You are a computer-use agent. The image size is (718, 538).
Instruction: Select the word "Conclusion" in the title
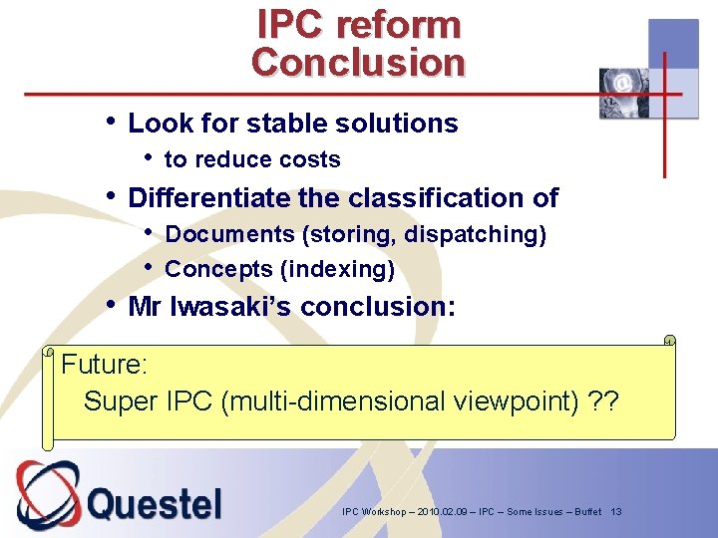(x=358, y=62)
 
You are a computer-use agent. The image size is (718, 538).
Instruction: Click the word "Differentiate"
(x=209, y=197)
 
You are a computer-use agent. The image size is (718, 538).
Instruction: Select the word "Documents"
(x=229, y=234)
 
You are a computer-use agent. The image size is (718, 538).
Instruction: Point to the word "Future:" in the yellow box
(x=105, y=365)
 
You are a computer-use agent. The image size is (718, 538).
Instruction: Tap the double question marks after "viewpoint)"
(x=603, y=402)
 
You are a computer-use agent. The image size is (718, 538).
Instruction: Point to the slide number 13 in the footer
(x=616, y=511)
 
